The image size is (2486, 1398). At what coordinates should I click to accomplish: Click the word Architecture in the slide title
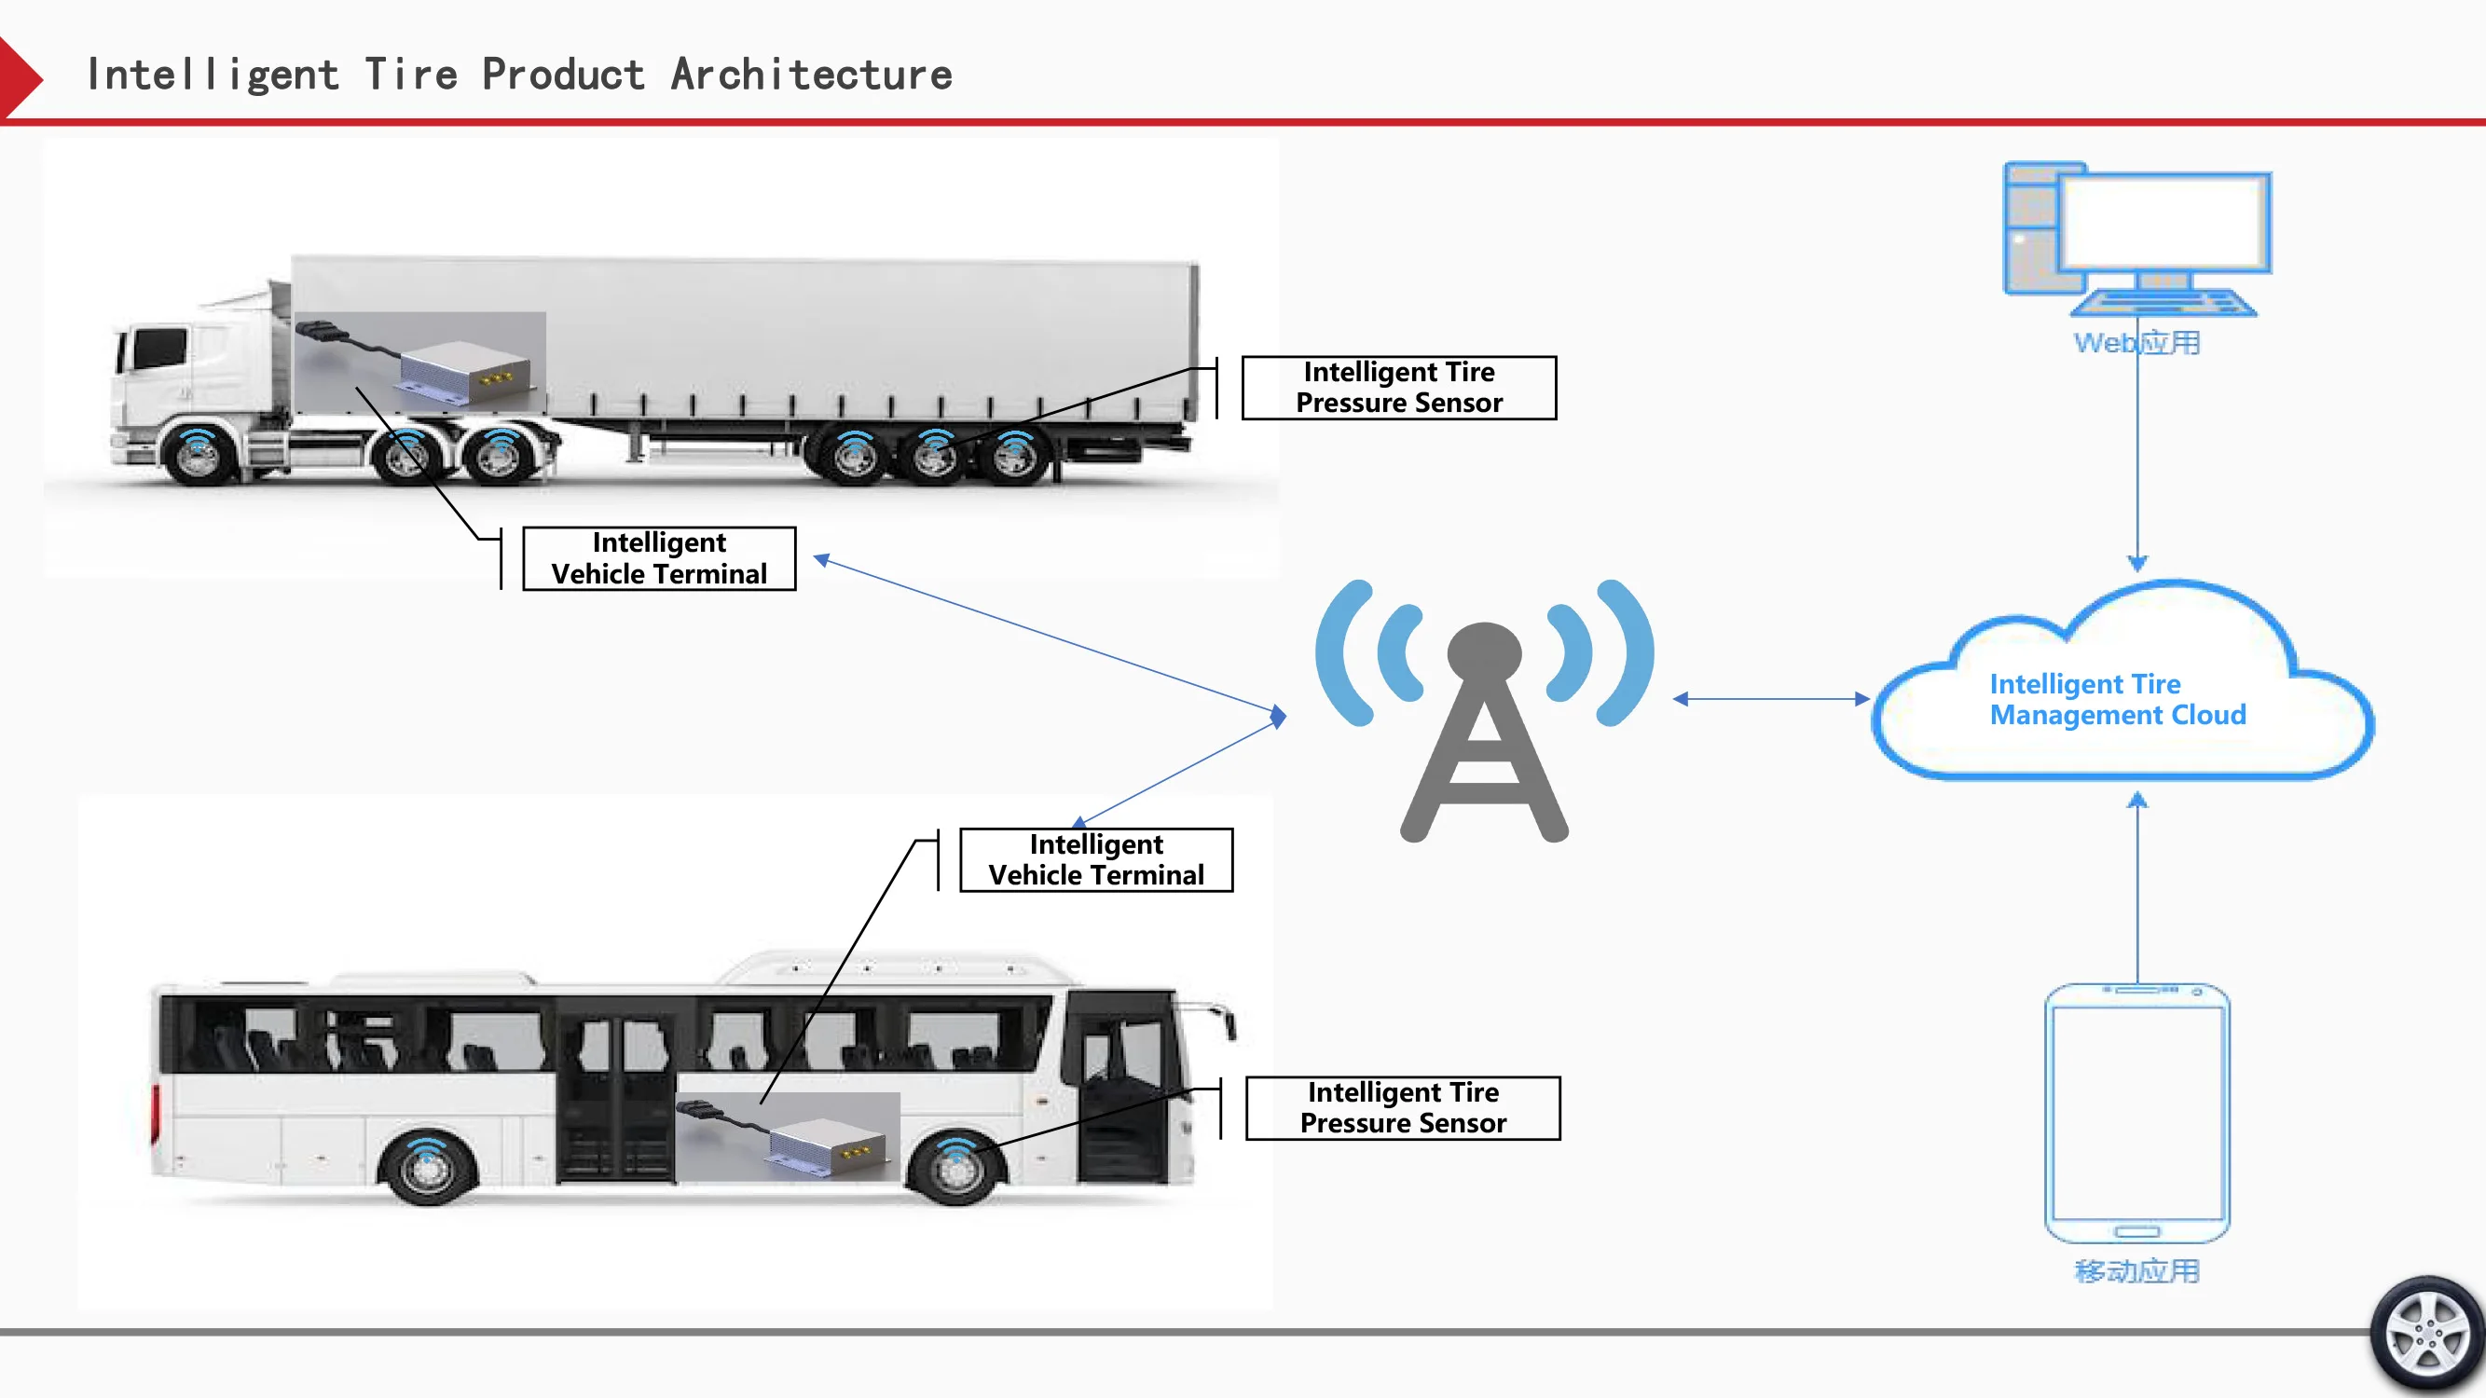click(811, 75)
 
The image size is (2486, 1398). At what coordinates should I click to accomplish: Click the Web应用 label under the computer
click(2136, 342)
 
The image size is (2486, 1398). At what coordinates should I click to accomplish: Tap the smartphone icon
click(2136, 1114)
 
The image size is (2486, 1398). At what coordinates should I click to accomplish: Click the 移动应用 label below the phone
click(2136, 1270)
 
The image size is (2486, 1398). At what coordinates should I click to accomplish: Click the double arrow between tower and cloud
click(1771, 698)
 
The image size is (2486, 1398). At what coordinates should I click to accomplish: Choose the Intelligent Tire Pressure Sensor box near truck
click(1398, 387)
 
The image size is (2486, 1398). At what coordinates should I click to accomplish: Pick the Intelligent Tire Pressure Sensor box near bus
click(1402, 1107)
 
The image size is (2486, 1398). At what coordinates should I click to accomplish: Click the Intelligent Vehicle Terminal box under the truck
click(659, 557)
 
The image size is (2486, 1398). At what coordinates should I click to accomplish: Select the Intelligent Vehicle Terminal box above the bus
click(1096, 858)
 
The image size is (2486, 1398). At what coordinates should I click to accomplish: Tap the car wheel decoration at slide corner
click(2428, 1336)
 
